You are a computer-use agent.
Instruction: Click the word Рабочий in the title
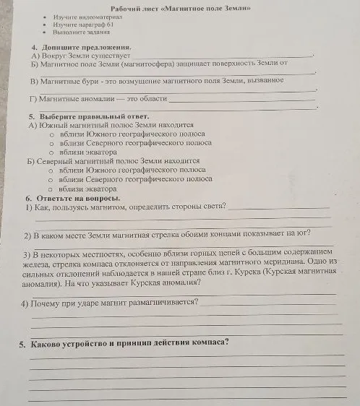click(129, 8)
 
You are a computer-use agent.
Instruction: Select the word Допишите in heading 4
click(59, 46)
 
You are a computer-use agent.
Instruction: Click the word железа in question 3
click(38, 264)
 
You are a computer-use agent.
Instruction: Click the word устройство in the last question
click(93, 342)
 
